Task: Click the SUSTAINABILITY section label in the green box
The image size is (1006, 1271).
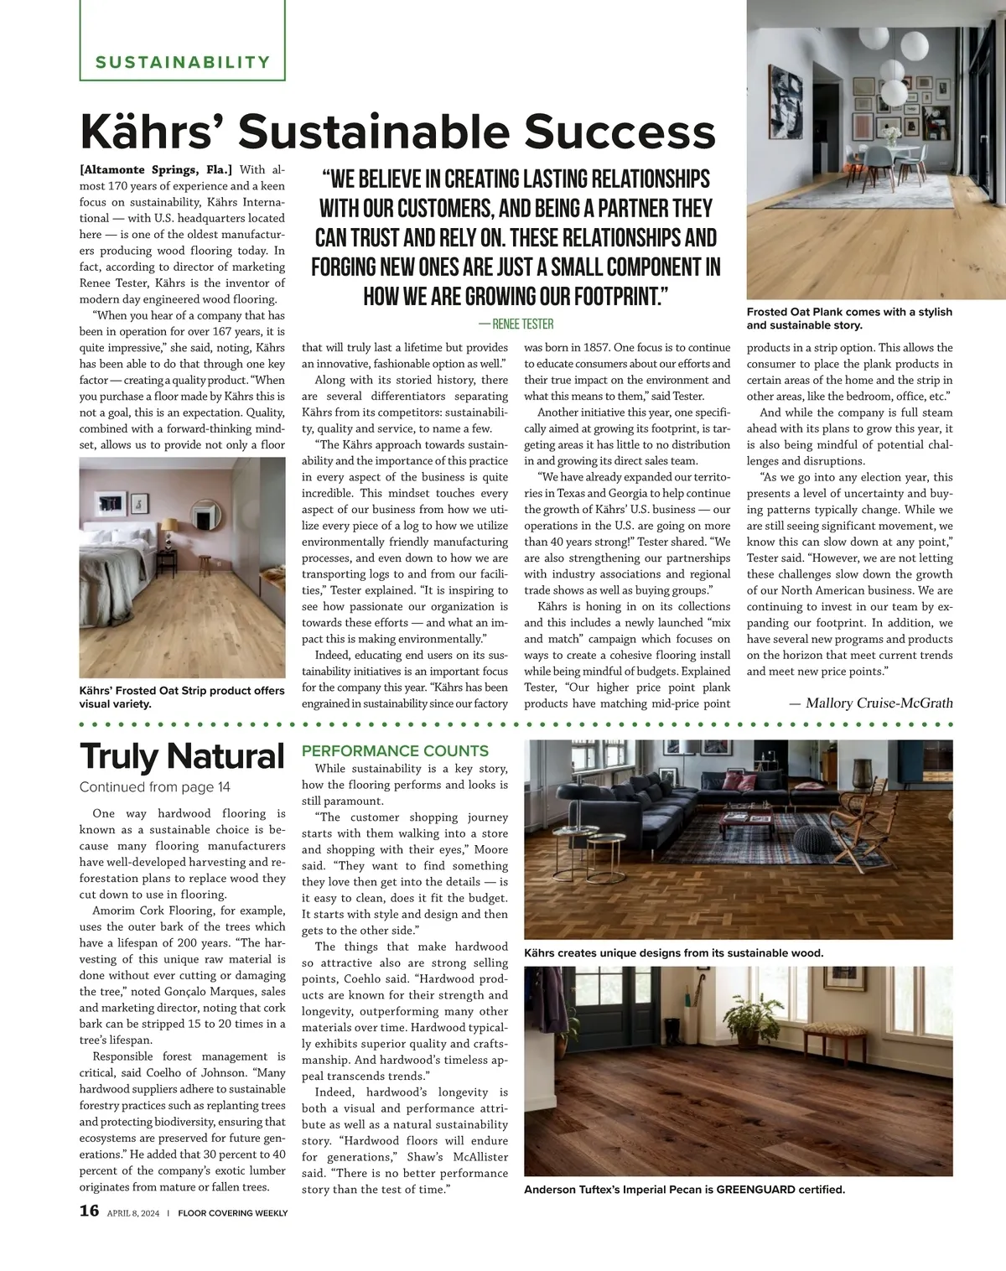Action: click(x=183, y=62)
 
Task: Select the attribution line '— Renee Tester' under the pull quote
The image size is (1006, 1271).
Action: click(x=516, y=324)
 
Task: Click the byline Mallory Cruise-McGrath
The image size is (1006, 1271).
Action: click(x=871, y=703)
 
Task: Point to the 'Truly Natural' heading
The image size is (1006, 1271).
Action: click(x=182, y=756)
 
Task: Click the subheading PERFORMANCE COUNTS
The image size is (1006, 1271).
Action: click(x=395, y=751)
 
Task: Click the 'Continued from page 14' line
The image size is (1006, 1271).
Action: click(x=154, y=787)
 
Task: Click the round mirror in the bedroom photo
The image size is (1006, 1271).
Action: click(x=205, y=513)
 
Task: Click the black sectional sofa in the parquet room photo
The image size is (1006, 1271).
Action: click(x=637, y=805)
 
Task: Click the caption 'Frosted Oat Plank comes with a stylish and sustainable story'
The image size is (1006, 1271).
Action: click(x=849, y=319)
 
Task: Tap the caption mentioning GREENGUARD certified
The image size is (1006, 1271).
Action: click(x=684, y=1190)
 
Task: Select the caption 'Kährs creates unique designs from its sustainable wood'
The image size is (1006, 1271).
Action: click(x=673, y=953)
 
